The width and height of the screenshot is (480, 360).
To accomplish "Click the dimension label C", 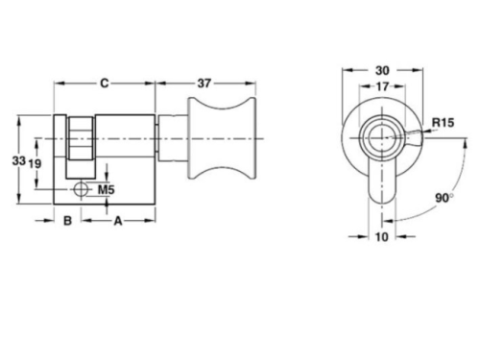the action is (x=105, y=84).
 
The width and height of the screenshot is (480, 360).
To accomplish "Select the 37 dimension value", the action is (x=204, y=84).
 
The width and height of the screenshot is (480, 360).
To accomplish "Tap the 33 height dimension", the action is (x=19, y=160).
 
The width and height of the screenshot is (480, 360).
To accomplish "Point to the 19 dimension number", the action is (x=35, y=163).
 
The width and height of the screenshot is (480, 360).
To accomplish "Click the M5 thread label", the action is (x=106, y=190).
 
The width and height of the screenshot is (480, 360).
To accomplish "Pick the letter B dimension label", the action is (x=67, y=221).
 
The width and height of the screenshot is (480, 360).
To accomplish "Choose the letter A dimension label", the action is (x=118, y=221).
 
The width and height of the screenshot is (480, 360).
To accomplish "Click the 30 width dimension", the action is (x=382, y=70).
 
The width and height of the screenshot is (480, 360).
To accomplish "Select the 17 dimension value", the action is (x=382, y=86).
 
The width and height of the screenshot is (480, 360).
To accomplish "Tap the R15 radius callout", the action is (x=443, y=122).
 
